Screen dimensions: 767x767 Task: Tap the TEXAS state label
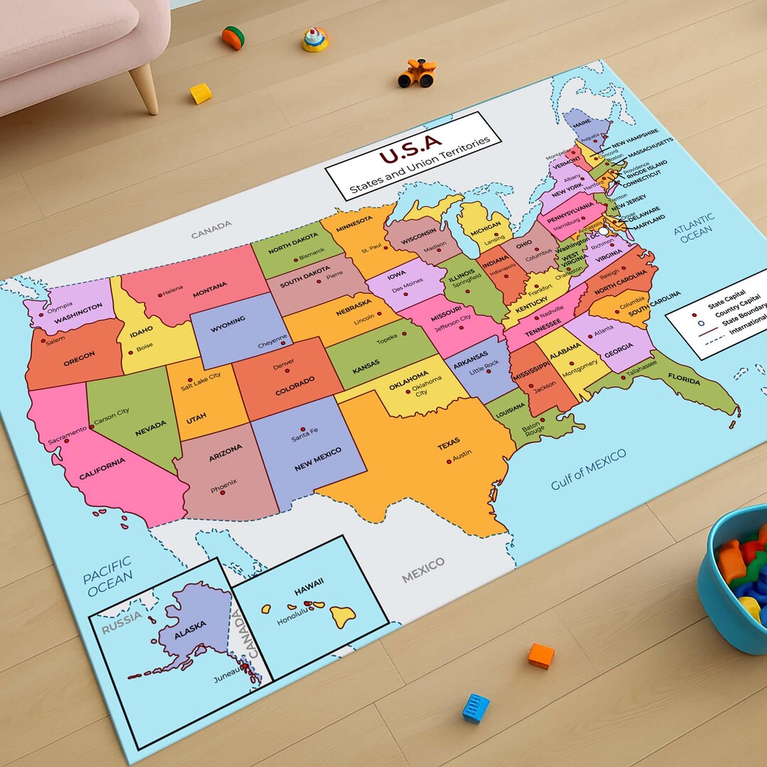point(448,444)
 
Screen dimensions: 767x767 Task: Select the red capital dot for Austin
point(449,462)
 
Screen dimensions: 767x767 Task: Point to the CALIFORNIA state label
point(102,469)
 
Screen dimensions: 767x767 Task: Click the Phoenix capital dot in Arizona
point(222,492)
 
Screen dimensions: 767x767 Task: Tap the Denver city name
point(283,365)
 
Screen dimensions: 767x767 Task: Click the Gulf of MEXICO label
point(589,469)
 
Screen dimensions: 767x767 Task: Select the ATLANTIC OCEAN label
point(695,228)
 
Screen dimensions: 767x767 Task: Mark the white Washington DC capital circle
point(604,232)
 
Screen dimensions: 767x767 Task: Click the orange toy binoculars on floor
point(416,73)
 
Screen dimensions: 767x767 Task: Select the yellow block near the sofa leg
point(201,93)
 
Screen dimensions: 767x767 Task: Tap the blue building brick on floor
point(476,708)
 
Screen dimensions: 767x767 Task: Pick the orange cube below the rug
point(541,656)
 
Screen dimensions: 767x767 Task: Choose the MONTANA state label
point(210,287)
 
